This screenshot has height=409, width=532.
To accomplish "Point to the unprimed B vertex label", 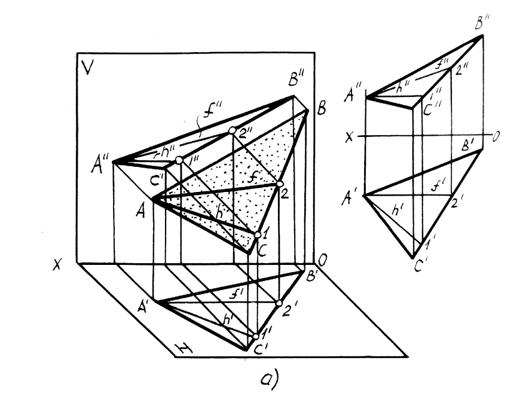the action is point(322,110).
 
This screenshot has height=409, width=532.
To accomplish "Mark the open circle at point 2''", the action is point(232,130).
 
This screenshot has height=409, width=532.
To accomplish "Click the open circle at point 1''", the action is point(179,160).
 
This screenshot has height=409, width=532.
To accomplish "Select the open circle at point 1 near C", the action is point(258,235).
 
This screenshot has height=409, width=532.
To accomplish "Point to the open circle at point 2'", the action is point(279,303).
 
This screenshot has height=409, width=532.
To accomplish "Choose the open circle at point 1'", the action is point(256,336).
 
